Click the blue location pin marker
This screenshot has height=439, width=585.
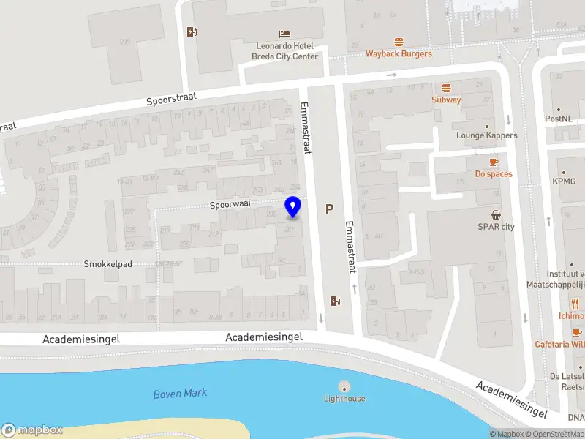click(x=293, y=207)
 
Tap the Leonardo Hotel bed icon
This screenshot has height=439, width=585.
click(x=285, y=34)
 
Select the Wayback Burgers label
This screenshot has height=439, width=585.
click(x=399, y=53)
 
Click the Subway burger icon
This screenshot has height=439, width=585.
click(x=446, y=87)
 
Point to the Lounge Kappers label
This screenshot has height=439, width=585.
click(x=486, y=135)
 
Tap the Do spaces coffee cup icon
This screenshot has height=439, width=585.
click(x=494, y=162)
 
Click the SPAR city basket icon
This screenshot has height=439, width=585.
click(x=497, y=214)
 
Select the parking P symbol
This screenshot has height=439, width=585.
click(x=330, y=209)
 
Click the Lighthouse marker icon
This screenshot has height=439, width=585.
click(x=344, y=386)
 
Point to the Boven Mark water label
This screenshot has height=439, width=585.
click(x=180, y=394)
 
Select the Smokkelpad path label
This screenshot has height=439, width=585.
click(x=107, y=264)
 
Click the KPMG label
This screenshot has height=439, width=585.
click(x=564, y=181)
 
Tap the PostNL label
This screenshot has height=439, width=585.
click(x=557, y=119)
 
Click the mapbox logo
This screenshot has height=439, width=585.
click(x=32, y=430)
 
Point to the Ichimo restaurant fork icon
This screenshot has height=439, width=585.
click(x=575, y=304)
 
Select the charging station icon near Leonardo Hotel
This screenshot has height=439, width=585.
click(x=192, y=31)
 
